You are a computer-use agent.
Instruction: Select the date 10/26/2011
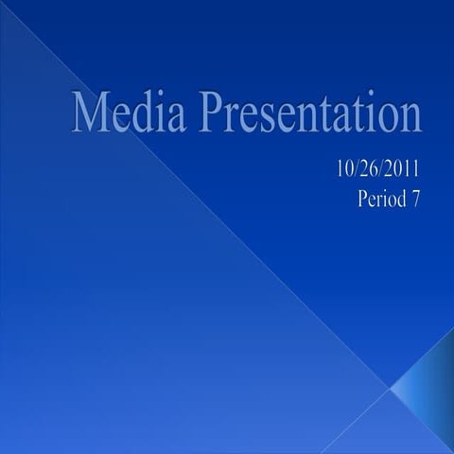(x=375, y=170)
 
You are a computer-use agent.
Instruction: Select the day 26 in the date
(x=368, y=170)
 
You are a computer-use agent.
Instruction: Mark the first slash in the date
(x=355, y=170)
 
